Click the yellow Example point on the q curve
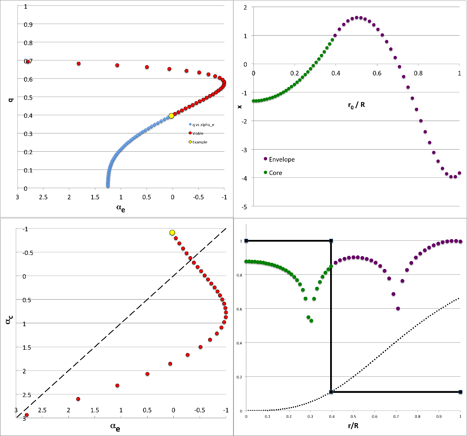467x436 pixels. tap(171, 116)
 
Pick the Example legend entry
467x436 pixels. tap(199, 142)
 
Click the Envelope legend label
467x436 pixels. tap(282, 159)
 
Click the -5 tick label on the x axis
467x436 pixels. tap(245, 207)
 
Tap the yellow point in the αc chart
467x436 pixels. tap(172, 233)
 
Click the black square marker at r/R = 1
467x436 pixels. tap(460, 392)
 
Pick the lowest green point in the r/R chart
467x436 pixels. tap(311, 320)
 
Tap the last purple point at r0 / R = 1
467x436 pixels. tap(459, 173)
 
